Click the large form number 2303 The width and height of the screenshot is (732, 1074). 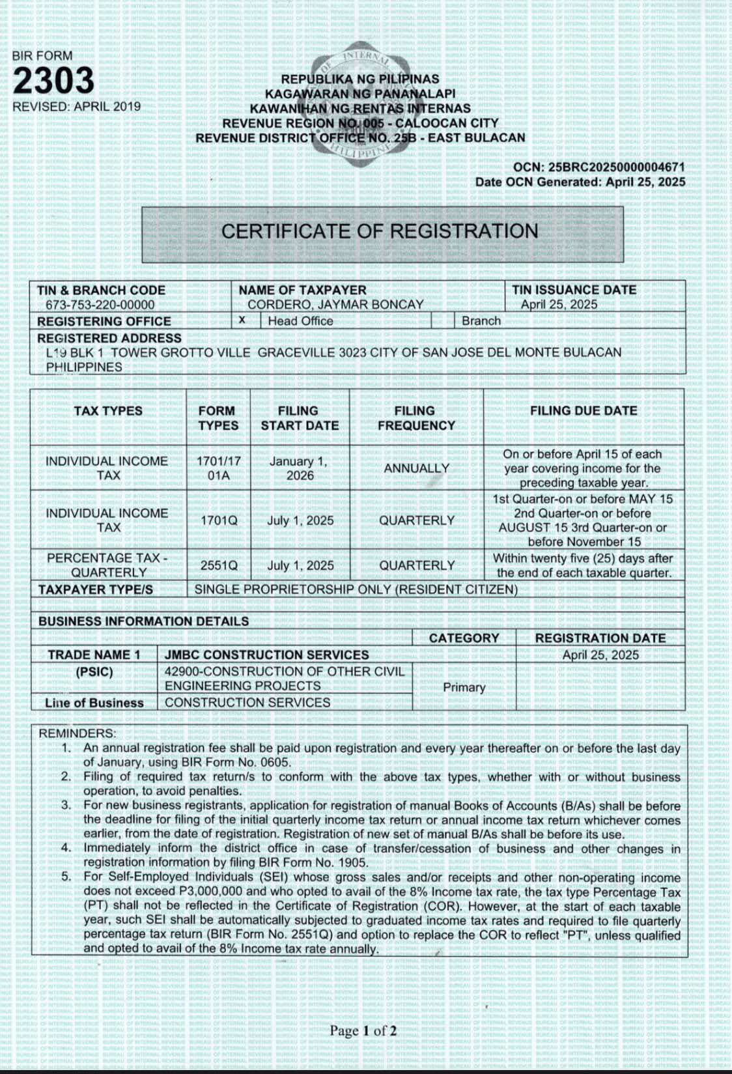[x=54, y=81]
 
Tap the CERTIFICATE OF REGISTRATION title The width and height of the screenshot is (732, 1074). [x=380, y=231]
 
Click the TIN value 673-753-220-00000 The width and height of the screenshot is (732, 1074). [x=100, y=305]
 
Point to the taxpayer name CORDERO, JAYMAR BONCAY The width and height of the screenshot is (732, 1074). [x=335, y=304]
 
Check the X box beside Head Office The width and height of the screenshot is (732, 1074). [x=242, y=320]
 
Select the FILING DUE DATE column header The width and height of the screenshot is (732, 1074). [x=584, y=411]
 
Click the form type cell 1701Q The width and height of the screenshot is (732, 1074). [x=218, y=520]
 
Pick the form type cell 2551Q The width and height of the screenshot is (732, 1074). [x=218, y=565]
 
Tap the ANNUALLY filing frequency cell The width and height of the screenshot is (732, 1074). [x=416, y=468]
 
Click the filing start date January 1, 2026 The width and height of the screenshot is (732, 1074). [x=300, y=468]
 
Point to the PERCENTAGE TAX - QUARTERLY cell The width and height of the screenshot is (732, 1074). [x=108, y=565]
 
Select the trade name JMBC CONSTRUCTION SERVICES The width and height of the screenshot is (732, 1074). [x=267, y=655]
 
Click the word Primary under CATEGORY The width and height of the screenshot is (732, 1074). [x=464, y=687]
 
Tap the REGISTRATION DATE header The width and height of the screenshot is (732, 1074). [x=600, y=638]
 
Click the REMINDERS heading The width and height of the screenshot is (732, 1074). [x=77, y=733]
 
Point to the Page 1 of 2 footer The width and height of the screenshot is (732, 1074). [x=363, y=1031]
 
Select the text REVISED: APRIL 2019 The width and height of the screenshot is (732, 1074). [x=77, y=107]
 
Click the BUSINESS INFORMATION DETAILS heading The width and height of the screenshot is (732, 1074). [x=143, y=621]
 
